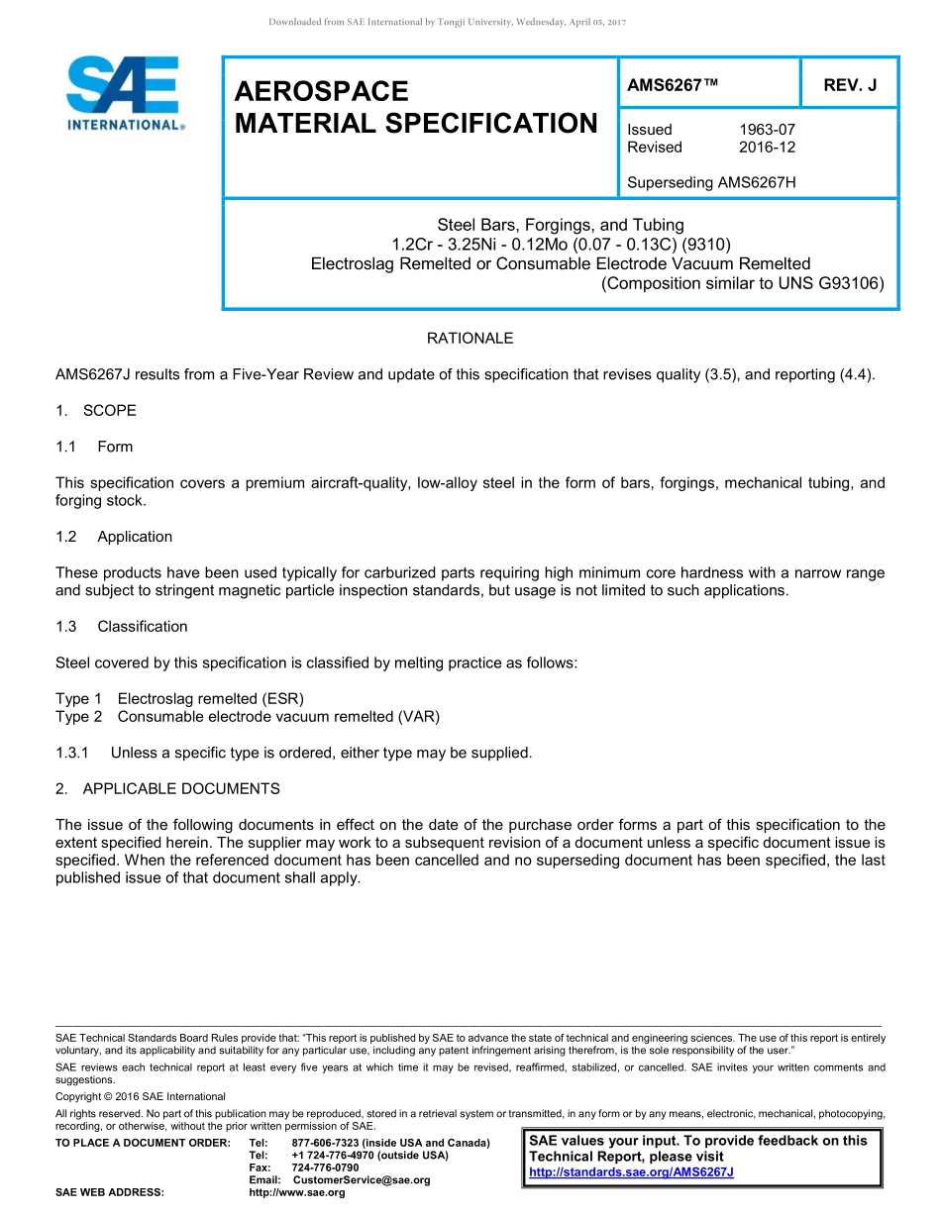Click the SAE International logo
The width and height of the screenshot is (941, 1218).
[x=124, y=93]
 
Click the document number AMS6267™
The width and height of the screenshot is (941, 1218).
[x=671, y=85]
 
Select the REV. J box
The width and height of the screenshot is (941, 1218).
[x=850, y=85]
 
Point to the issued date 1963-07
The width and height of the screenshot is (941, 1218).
[x=767, y=130]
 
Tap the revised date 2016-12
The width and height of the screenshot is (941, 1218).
[x=767, y=148]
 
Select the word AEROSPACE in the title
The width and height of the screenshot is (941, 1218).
[x=321, y=92]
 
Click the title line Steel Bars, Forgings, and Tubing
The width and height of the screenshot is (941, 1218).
[x=561, y=225]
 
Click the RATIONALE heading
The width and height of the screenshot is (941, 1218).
[x=470, y=339]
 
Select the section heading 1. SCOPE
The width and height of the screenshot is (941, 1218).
[x=96, y=411]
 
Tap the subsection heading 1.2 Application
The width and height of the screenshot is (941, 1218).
[x=115, y=537]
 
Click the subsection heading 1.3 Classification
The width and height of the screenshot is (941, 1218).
[x=122, y=627]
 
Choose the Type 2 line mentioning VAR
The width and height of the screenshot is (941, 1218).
[x=248, y=716]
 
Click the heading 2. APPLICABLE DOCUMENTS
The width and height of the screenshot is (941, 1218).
[x=167, y=789]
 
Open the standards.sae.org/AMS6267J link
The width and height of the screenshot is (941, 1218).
[x=631, y=1172]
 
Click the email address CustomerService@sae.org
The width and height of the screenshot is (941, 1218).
[x=362, y=1180]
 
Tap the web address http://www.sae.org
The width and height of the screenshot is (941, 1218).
[x=296, y=1193]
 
